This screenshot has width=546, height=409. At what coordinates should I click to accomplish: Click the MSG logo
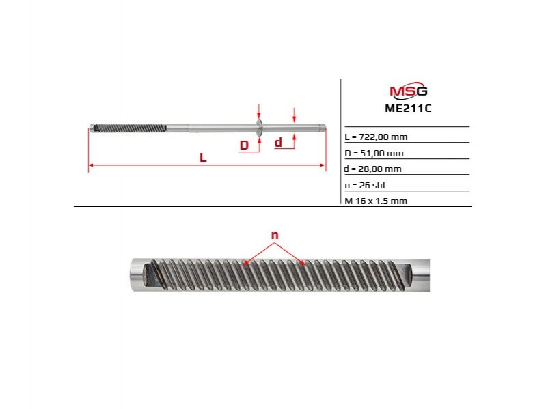click(x=409, y=91)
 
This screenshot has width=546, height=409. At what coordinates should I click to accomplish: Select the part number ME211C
click(x=408, y=108)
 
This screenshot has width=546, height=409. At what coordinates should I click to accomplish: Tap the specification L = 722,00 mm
click(x=376, y=137)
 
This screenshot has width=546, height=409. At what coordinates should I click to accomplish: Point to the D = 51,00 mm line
click(x=374, y=154)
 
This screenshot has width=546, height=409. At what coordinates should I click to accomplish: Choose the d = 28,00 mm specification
click(x=372, y=169)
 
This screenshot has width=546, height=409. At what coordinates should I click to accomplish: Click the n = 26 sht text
click(x=366, y=185)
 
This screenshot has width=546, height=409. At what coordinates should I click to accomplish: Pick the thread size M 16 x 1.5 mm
click(x=376, y=201)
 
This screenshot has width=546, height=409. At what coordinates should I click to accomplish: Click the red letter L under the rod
click(x=203, y=158)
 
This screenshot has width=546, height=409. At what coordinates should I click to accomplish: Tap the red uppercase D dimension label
click(x=245, y=145)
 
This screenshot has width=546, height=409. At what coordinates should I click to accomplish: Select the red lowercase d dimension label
click(x=278, y=142)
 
